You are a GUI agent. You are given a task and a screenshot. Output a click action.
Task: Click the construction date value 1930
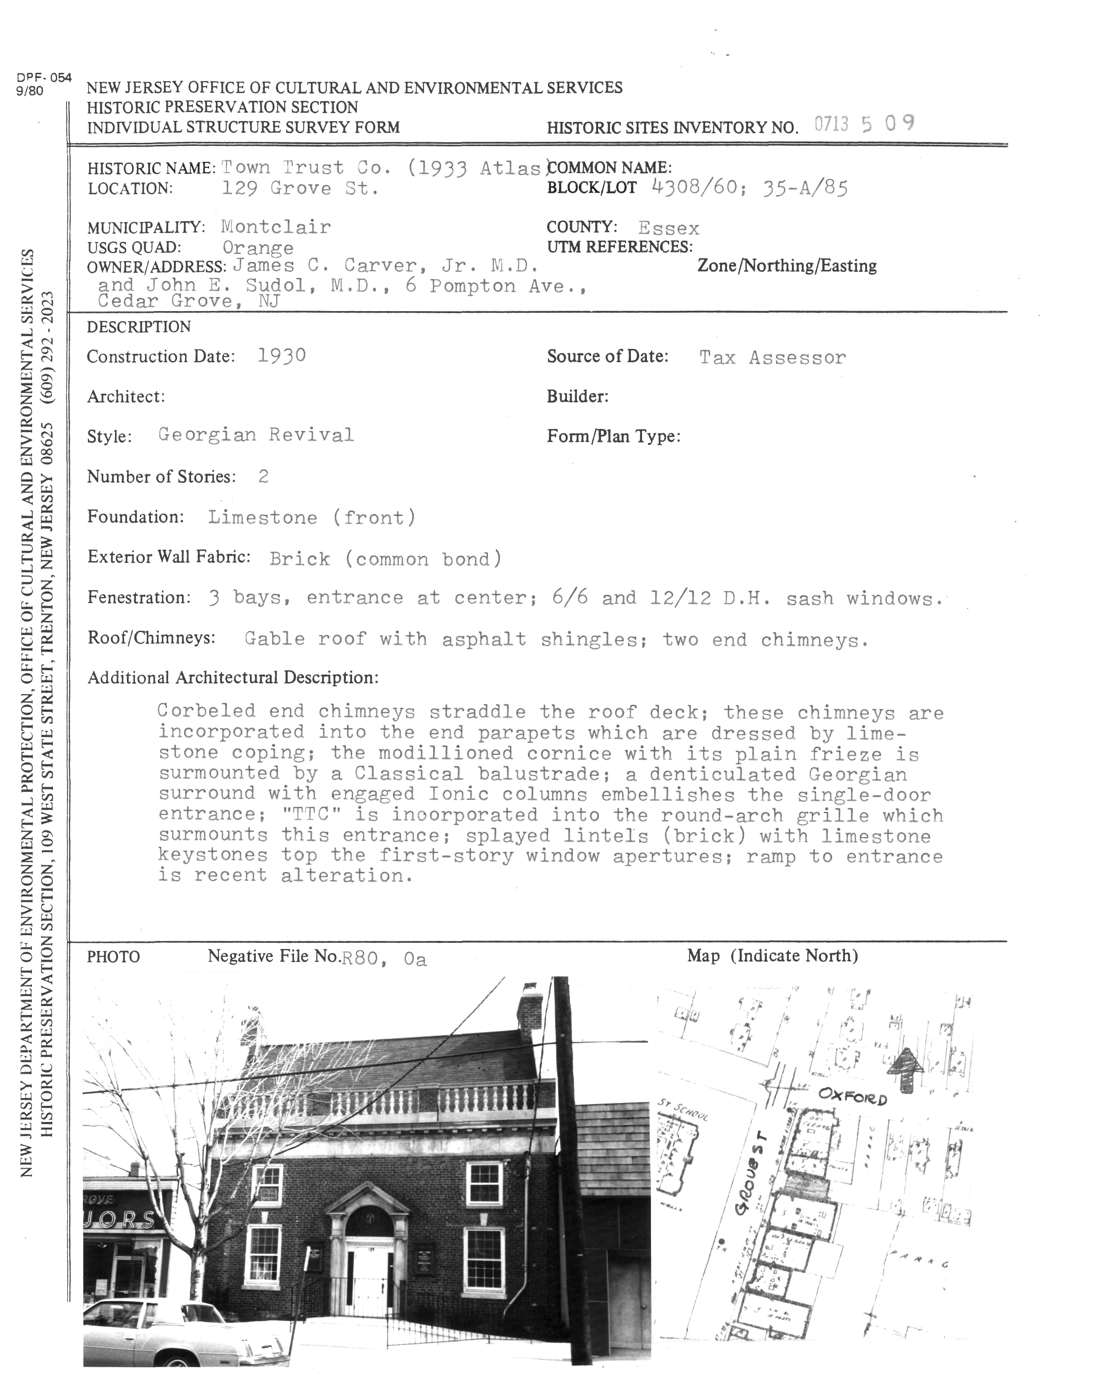coord(282,356)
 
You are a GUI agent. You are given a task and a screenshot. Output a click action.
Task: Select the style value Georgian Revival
coord(256,435)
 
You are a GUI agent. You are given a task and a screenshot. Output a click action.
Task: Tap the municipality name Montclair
coord(276,227)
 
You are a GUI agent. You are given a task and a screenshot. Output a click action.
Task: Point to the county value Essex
coord(669,228)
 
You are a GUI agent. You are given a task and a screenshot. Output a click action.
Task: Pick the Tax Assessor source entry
coord(772,358)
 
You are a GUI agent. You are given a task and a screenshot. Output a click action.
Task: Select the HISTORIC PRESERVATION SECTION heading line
coord(222,108)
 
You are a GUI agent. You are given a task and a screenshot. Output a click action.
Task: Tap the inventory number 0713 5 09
coord(864,124)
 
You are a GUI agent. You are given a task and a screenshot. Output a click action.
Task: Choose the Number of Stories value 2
coord(263,476)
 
